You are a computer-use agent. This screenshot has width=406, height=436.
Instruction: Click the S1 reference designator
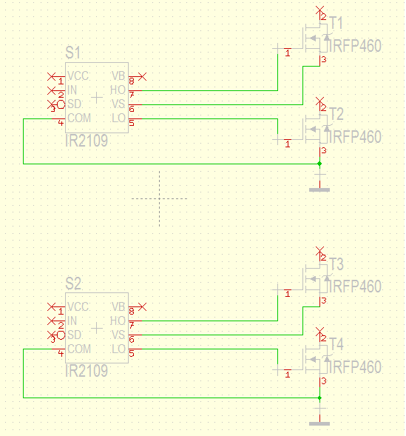(72, 53)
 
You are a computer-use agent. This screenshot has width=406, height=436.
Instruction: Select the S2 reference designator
(73, 284)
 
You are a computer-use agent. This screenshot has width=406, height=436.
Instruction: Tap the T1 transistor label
(336, 23)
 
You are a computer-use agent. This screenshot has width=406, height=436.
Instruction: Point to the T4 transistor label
(336, 344)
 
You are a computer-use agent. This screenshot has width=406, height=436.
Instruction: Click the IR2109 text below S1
(87, 141)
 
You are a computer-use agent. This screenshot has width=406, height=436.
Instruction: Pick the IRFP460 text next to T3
(355, 286)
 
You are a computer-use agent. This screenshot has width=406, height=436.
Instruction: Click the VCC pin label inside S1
(78, 76)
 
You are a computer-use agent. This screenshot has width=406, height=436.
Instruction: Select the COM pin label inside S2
(79, 349)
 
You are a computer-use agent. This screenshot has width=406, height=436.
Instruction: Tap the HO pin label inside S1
(118, 90)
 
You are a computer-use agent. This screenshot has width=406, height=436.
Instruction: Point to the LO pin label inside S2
(118, 349)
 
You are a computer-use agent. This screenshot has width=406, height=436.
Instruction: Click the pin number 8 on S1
(132, 81)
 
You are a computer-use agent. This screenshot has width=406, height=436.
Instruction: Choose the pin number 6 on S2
(132, 340)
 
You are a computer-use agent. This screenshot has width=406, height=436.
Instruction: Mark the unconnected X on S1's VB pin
(142, 76)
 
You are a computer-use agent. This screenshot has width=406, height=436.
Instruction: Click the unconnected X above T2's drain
(320, 101)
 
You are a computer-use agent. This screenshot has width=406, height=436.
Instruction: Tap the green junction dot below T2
(319, 164)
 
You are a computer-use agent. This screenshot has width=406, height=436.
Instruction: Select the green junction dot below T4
(319, 398)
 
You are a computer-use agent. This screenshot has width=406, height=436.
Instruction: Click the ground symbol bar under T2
(319, 190)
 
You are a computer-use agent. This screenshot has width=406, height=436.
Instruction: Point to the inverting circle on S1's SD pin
(61, 104)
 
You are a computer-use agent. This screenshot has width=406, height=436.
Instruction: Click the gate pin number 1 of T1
(288, 53)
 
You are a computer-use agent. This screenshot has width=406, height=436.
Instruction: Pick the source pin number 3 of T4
(324, 381)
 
